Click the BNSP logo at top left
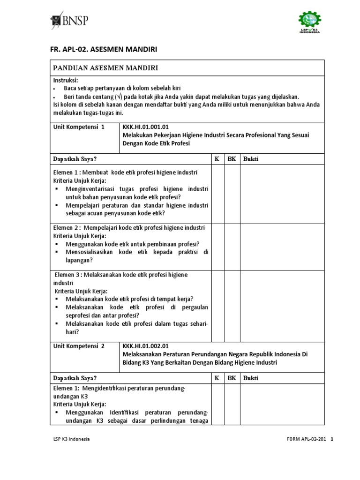(69, 21)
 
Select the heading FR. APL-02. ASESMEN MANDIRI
(103, 49)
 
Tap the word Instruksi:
(66, 80)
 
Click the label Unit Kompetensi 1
(79, 127)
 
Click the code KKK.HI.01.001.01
(145, 127)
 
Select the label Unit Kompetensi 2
(79, 346)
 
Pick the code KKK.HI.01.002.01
(145, 346)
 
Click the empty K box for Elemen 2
(217, 245)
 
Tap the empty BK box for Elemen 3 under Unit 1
(232, 304)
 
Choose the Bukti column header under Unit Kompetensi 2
(251, 378)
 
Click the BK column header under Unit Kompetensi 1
(232, 159)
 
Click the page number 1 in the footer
(332, 439)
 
